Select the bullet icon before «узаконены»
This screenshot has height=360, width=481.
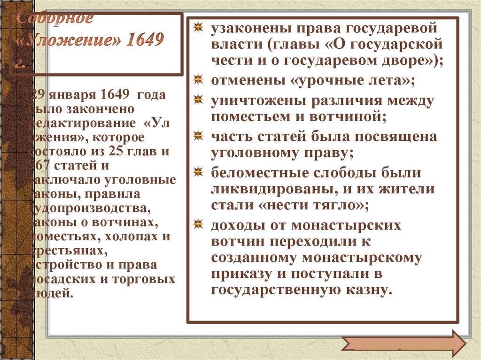199,27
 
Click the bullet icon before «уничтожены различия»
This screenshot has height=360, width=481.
199,100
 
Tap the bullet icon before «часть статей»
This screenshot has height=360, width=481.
199,136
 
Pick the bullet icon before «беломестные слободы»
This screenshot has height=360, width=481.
199,172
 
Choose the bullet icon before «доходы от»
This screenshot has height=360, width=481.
199,224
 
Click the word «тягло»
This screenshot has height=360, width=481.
340,206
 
